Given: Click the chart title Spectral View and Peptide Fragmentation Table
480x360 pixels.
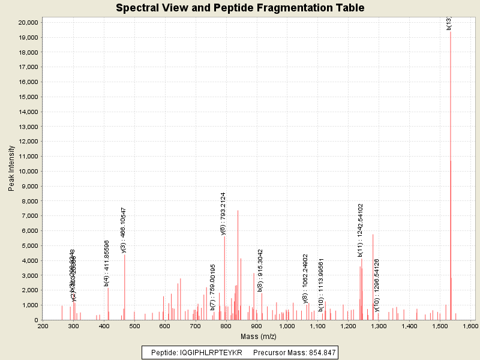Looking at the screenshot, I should click(x=240, y=8).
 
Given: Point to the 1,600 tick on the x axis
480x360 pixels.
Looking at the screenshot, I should click(x=469, y=326).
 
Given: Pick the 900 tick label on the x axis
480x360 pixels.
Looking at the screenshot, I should click(x=257, y=326).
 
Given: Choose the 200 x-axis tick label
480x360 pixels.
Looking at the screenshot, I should click(x=43, y=326).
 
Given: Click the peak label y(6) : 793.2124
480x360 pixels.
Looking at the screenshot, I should click(x=223, y=213).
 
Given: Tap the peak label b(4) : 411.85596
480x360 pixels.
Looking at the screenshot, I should click(x=106, y=263).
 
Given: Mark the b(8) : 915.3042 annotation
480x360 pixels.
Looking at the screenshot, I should click(x=260, y=270).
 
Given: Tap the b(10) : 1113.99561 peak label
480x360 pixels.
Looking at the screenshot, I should click(x=321, y=284).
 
